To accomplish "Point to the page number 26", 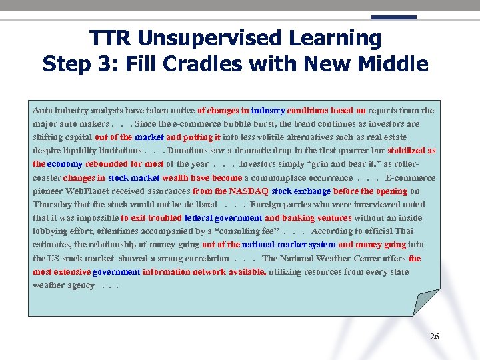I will [435, 337].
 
